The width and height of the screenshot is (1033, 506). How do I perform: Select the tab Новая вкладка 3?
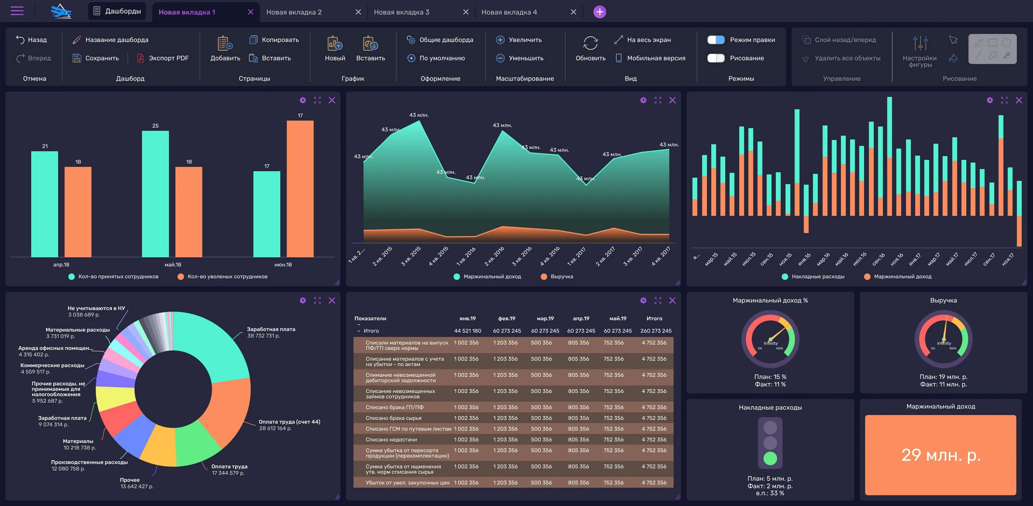(x=401, y=12)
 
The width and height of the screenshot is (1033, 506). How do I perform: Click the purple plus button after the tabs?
(x=599, y=12)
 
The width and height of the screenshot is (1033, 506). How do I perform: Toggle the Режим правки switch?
(x=716, y=40)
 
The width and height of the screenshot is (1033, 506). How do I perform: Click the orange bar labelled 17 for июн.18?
(x=300, y=189)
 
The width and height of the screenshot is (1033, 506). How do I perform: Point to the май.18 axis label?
(x=173, y=265)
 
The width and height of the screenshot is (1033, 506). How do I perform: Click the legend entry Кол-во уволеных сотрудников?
(x=227, y=277)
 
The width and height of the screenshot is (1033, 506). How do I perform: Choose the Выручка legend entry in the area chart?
(x=561, y=277)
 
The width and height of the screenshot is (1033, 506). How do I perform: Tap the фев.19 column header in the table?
(x=507, y=319)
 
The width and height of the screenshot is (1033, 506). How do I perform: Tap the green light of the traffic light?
(x=770, y=458)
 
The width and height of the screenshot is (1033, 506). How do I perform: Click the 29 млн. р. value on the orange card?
(x=941, y=455)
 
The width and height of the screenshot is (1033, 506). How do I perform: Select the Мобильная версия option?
(x=656, y=58)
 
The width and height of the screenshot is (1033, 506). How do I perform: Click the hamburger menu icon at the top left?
(x=17, y=11)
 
